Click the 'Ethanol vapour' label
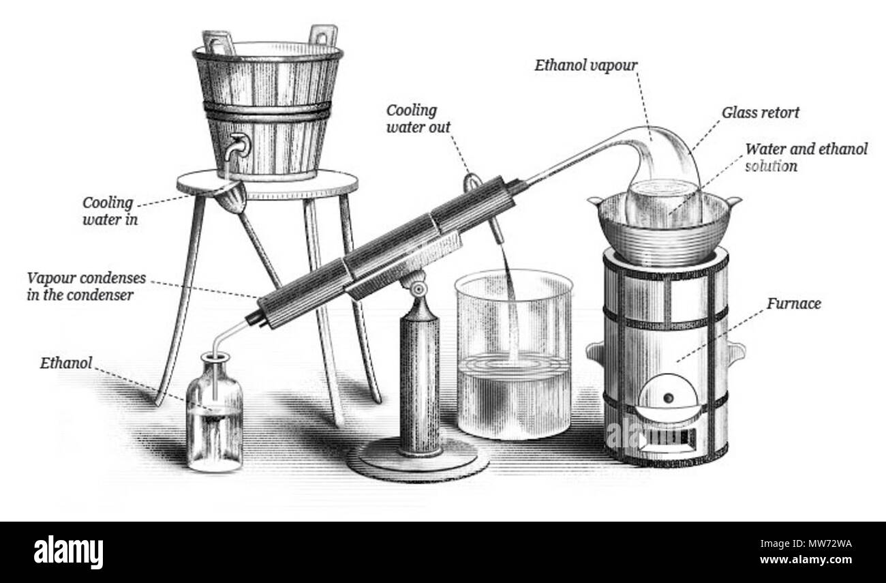coord(586,65)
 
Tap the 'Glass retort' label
coord(760,113)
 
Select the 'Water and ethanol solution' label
coord(806,158)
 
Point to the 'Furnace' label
coord(793,303)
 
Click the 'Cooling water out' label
coord(418,119)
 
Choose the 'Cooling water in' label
coord(110,211)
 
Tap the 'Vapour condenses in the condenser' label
coord(87,286)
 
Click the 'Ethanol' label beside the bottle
coord(66,363)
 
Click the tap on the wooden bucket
coord(236,146)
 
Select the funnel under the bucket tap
coord(232,196)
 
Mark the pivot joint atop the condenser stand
coord(418,289)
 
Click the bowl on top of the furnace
coord(664,230)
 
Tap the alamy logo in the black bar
coord(68,552)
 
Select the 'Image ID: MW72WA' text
coord(806,543)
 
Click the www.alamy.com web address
coord(806,559)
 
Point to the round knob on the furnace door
coord(669,398)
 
